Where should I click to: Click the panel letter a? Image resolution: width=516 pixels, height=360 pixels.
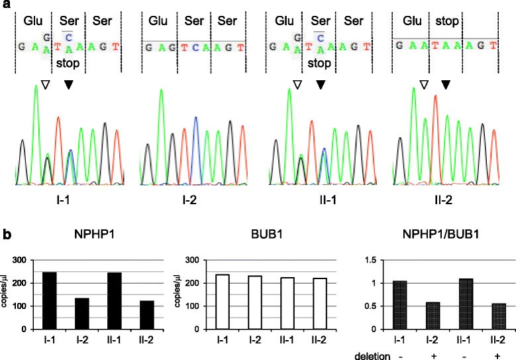point(5,5)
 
